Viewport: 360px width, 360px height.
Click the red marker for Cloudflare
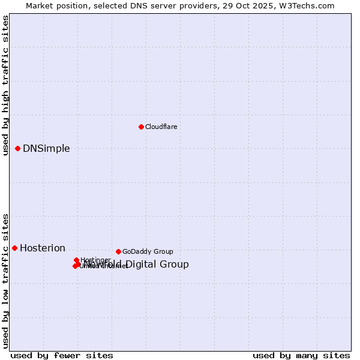click(x=141, y=127)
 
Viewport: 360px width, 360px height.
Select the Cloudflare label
click(x=161, y=127)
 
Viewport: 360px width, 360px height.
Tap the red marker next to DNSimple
click(x=18, y=148)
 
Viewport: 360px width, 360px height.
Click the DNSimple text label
click(x=46, y=149)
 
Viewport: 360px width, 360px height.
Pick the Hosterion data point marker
click(x=14, y=248)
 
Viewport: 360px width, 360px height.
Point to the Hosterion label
click(x=43, y=248)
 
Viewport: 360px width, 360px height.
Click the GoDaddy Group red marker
click(x=118, y=251)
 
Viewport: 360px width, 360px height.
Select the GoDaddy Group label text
click(x=148, y=251)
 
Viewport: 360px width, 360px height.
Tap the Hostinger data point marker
click(x=76, y=260)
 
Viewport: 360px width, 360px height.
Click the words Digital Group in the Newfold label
click(x=156, y=265)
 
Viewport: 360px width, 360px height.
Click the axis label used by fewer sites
click(x=53, y=356)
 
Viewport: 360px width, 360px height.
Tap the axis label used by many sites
click(x=301, y=356)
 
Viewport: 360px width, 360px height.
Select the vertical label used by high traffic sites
click(x=5, y=85)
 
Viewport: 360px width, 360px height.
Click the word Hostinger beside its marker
click(x=95, y=260)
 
